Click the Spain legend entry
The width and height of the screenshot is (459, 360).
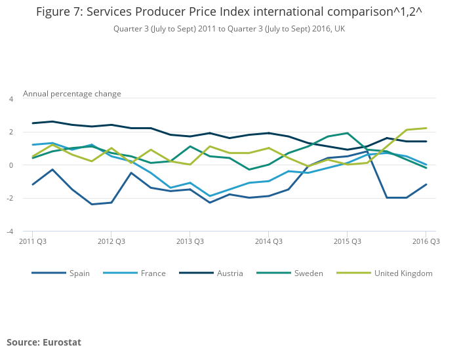coord(79,273)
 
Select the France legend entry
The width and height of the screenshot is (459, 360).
coord(153,273)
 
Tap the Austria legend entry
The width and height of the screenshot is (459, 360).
coord(229,273)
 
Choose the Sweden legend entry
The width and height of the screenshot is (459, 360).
coord(308,273)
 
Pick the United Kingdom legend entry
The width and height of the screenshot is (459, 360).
coord(403,273)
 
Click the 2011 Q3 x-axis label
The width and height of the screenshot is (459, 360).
coord(32,241)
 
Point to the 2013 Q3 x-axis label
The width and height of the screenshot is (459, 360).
coord(190,241)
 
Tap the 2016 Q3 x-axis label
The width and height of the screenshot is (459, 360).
coord(426,241)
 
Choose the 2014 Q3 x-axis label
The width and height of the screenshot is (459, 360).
coord(268,241)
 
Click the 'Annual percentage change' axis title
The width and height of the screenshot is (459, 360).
coord(72,94)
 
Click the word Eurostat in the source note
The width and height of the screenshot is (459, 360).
coord(62,342)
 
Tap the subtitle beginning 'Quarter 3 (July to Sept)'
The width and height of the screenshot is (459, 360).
coord(229,29)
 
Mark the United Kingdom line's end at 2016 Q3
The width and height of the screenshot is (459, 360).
coord(426,128)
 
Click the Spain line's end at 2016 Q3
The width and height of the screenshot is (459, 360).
coord(426,184)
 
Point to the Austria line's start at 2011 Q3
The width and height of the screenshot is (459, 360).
coord(32,123)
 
